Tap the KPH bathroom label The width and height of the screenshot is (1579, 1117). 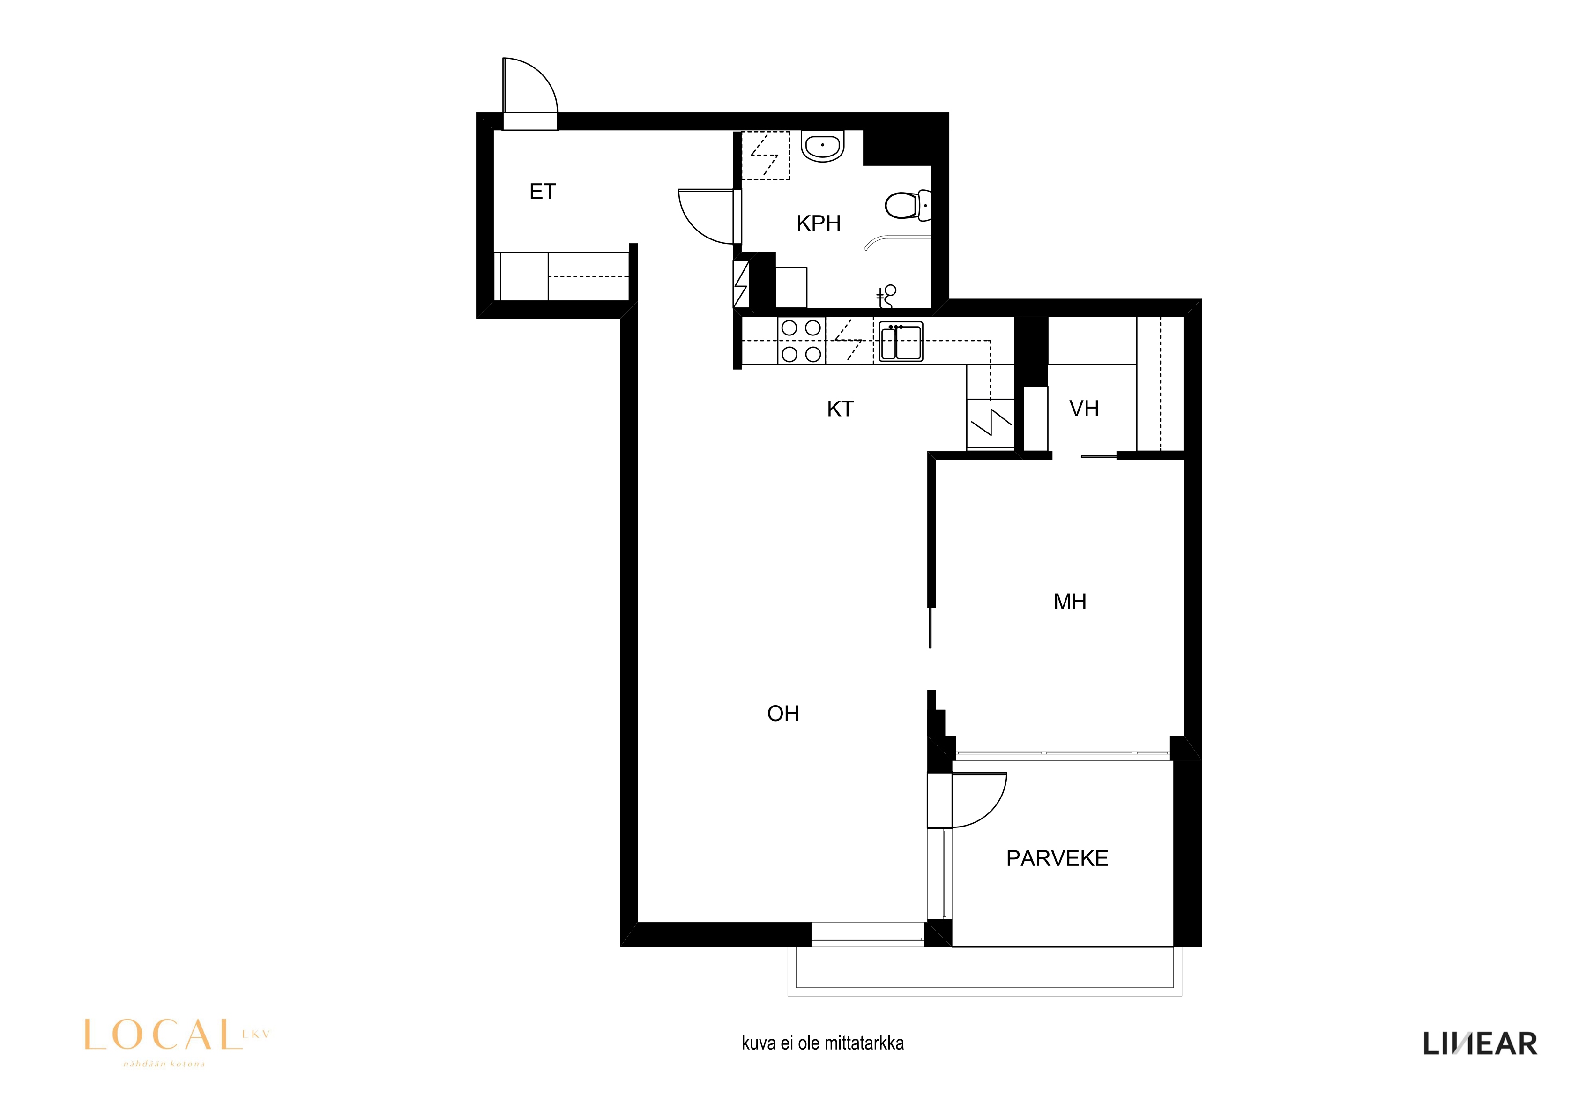(819, 223)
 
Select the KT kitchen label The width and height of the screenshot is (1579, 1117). (840, 409)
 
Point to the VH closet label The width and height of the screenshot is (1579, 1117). (1084, 409)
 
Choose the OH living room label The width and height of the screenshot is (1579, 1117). (782, 714)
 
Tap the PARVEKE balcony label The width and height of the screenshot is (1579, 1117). (1057, 858)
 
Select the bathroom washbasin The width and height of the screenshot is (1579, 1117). (822, 147)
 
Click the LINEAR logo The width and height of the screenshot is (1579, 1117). (1480, 1044)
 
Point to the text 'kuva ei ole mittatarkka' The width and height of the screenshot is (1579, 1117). (822, 1043)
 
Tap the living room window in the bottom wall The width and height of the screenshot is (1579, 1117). (867, 935)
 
